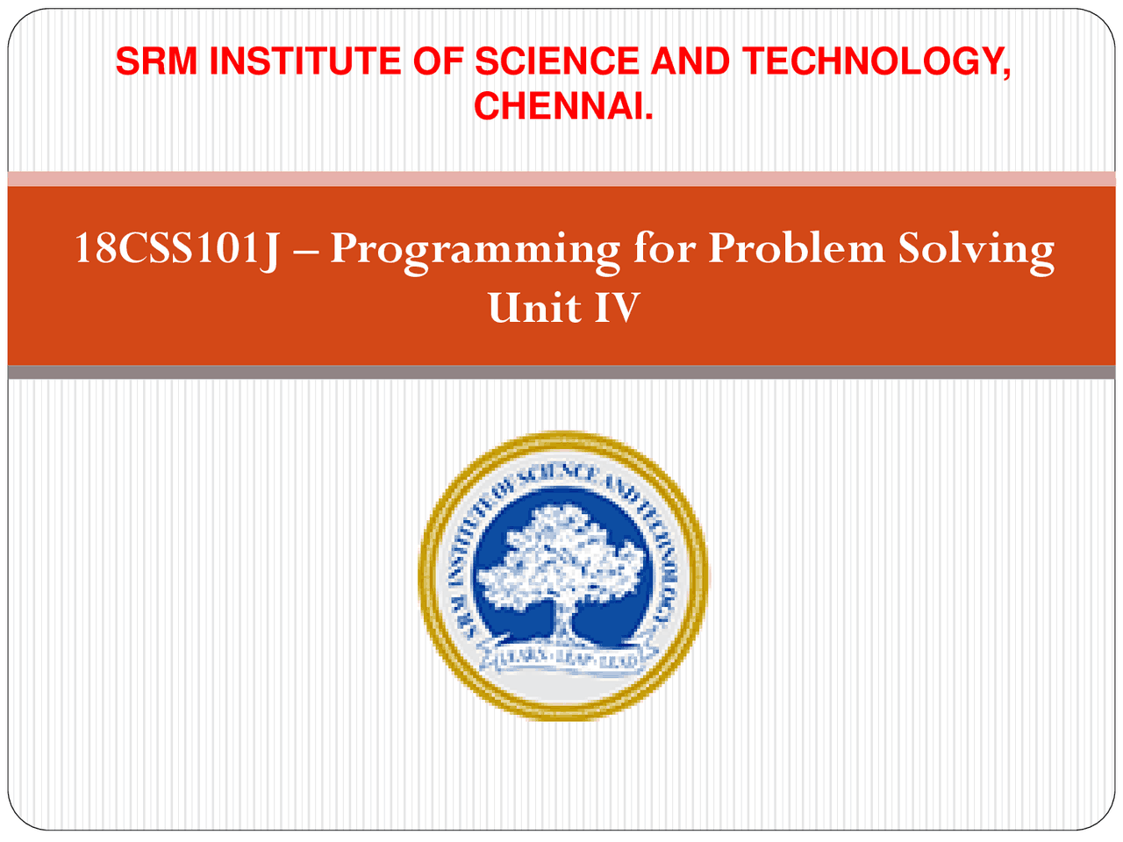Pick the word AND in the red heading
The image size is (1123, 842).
pyautogui.click(x=691, y=61)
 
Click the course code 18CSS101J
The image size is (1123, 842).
pyautogui.click(x=176, y=249)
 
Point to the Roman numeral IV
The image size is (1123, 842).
pyautogui.click(x=616, y=308)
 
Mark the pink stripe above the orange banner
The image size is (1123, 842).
pyautogui.click(x=561, y=179)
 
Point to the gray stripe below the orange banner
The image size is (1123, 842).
pyautogui.click(x=561, y=373)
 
